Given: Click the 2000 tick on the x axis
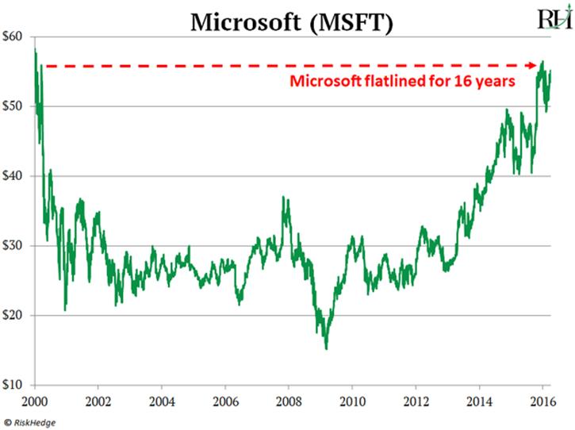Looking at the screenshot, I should pos(34,400).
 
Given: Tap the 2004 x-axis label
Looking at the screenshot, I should pos(162,400).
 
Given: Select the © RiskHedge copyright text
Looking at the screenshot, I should pos(35,421).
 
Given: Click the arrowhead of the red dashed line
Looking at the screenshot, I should pos(537,65).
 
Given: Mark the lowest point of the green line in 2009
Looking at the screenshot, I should pos(326,348).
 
